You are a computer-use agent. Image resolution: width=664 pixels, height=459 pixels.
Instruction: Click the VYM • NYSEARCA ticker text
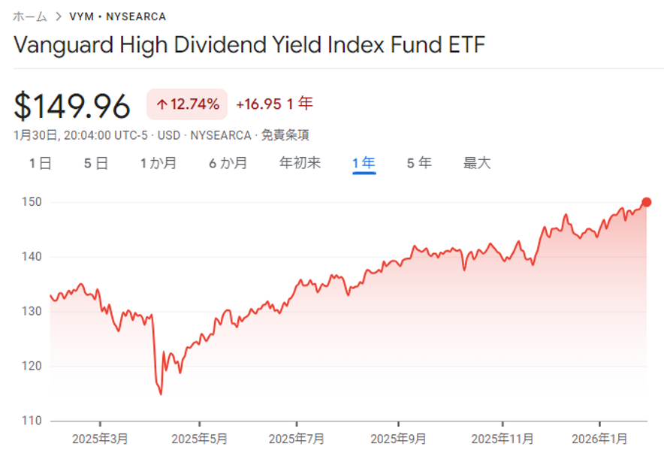(118, 16)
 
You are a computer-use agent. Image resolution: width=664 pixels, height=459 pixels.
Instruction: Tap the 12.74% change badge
(187, 104)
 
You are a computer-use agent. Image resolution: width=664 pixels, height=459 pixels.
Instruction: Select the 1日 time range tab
(41, 163)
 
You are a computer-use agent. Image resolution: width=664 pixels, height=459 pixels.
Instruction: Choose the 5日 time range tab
(96, 163)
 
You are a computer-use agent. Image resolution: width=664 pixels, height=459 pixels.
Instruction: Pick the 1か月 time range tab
(158, 163)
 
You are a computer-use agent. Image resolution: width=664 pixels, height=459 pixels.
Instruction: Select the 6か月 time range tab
(228, 163)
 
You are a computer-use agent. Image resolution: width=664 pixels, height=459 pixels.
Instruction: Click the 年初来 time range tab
(300, 163)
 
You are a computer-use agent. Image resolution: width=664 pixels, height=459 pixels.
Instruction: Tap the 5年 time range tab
(419, 163)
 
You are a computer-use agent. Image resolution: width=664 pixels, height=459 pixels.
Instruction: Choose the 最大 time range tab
(477, 163)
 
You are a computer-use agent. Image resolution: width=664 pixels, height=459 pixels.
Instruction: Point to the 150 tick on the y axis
(30, 202)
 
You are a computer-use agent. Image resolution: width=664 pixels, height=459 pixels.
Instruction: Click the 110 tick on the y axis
(30, 421)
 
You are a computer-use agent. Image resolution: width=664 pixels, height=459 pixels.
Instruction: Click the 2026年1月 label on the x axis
(600, 438)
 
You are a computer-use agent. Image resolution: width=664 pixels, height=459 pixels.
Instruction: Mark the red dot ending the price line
(647, 202)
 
